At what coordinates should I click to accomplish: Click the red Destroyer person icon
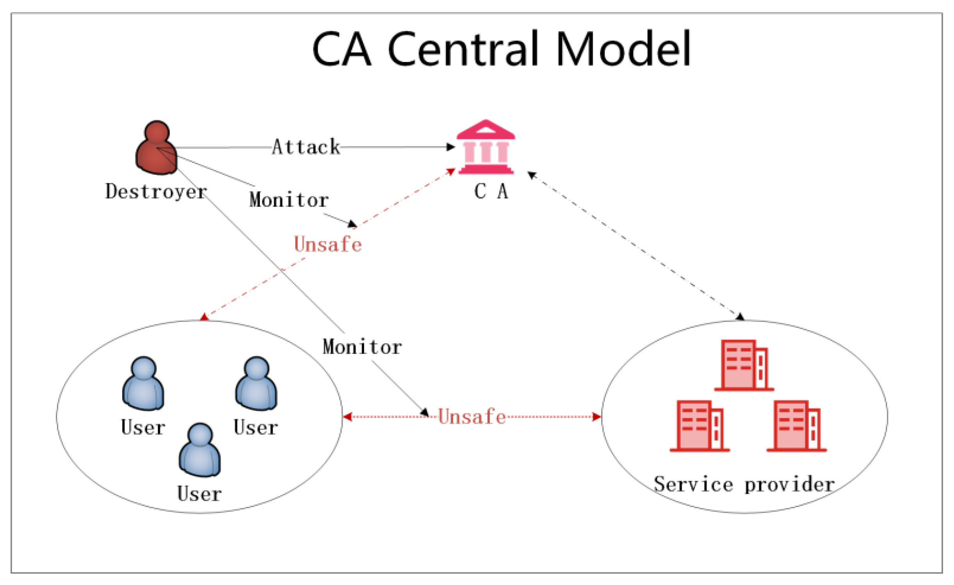pyautogui.click(x=156, y=148)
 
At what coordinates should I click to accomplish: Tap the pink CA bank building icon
pyautogui.click(x=486, y=147)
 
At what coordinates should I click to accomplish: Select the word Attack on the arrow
pyautogui.click(x=306, y=147)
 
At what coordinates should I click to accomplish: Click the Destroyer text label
pyautogui.click(x=156, y=192)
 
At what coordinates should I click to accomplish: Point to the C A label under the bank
pyautogui.click(x=491, y=192)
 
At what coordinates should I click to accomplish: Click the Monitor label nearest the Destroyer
pyautogui.click(x=289, y=200)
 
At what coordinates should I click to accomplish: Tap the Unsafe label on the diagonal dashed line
pyautogui.click(x=328, y=244)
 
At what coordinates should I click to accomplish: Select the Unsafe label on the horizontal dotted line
pyautogui.click(x=472, y=417)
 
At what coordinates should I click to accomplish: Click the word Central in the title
pyautogui.click(x=467, y=50)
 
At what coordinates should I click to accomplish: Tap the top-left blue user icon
pyautogui.click(x=143, y=383)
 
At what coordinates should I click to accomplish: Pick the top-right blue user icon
pyautogui.click(x=256, y=383)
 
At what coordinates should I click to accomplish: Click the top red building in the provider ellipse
pyautogui.click(x=744, y=365)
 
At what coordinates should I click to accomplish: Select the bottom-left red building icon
pyautogui.click(x=699, y=426)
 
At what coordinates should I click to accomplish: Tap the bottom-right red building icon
pyautogui.click(x=796, y=426)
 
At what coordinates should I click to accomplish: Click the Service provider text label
pyautogui.click(x=744, y=485)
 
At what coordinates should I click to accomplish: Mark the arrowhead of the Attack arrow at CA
pyautogui.click(x=451, y=147)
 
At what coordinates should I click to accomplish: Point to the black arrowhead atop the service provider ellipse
pyautogui.click(x=740, y=317)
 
